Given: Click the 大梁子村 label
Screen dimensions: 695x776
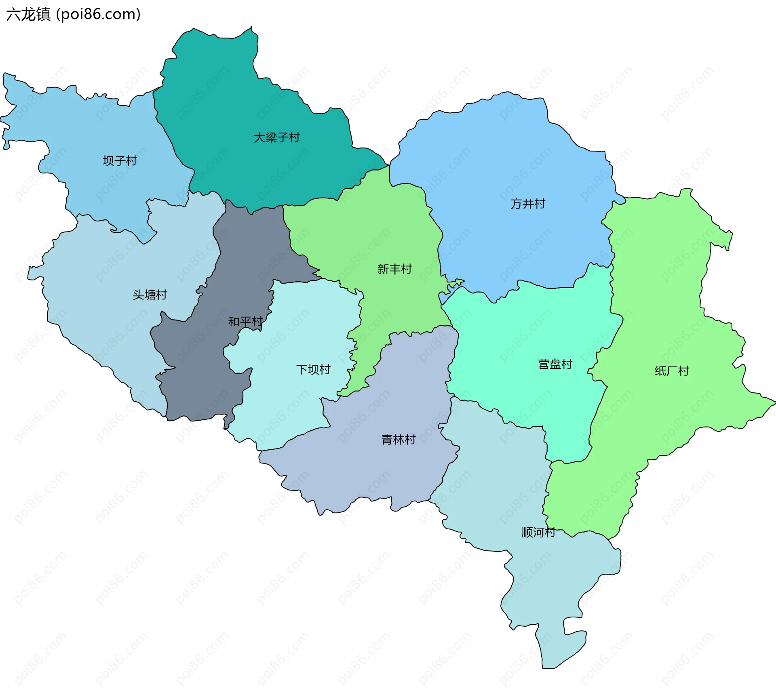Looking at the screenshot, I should (x=276, y=138).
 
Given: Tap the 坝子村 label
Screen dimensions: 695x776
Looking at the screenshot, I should (x=120, y=161).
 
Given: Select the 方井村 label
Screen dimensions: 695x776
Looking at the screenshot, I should (x=528, y=204).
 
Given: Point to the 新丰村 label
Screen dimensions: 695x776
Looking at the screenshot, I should (x=394, y=269).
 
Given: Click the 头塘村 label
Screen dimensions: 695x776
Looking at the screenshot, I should (x=150, y=295).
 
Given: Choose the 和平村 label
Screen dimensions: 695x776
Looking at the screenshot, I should (x=245, y=322).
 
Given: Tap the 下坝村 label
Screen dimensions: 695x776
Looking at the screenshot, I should (x=313, y=370).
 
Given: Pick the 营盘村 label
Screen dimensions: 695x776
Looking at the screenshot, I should (x=555, y=364).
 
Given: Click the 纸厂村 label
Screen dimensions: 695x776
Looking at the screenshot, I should (x=672, y=371).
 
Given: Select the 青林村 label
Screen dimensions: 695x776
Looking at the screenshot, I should (x=399, y=440).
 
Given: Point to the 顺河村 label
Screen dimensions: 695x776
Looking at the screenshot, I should (x=538, y=533).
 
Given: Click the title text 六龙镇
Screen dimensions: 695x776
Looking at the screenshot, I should (x=28, y=15).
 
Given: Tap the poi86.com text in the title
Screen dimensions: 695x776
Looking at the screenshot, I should (x=98, y=15).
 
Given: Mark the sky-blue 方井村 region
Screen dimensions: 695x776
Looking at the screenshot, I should (x=505, y=162).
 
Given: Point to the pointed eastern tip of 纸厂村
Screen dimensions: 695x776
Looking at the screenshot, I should (x=774, y=402).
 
